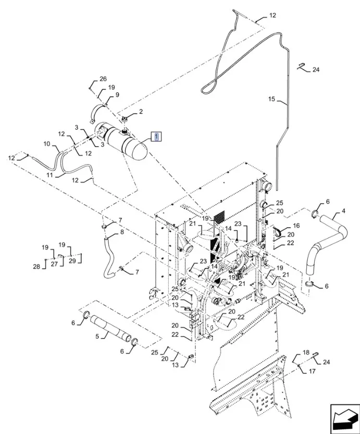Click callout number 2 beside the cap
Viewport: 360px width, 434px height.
pyautogui.click(x=140, y=111)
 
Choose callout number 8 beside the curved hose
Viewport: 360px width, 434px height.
pyautogui.click(x=122, y=232)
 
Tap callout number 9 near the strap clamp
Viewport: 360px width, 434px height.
pyautogui.click(x=117, y=95)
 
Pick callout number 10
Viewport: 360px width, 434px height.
pyautogui.click(x=46, y=144)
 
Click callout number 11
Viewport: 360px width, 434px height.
pyautogui.click(x=49, y=175)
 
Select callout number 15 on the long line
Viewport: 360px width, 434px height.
pyautogui.click(x=271, y=99)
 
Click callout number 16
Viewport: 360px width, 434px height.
pyautogui.click(x=296, y=226)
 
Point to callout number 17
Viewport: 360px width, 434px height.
pyautogui.click(x=313, y=371)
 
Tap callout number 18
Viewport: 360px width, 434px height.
pyautogui.click(x=306, y=352)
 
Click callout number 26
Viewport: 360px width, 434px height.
pyautogui.click(x=103, y=79)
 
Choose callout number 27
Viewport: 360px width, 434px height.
pyautogui.click(x=54, y=264)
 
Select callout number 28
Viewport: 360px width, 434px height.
pyautogui.click(x=36, y=267)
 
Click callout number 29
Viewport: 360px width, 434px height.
pyautogui.click(x=72, y=261)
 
